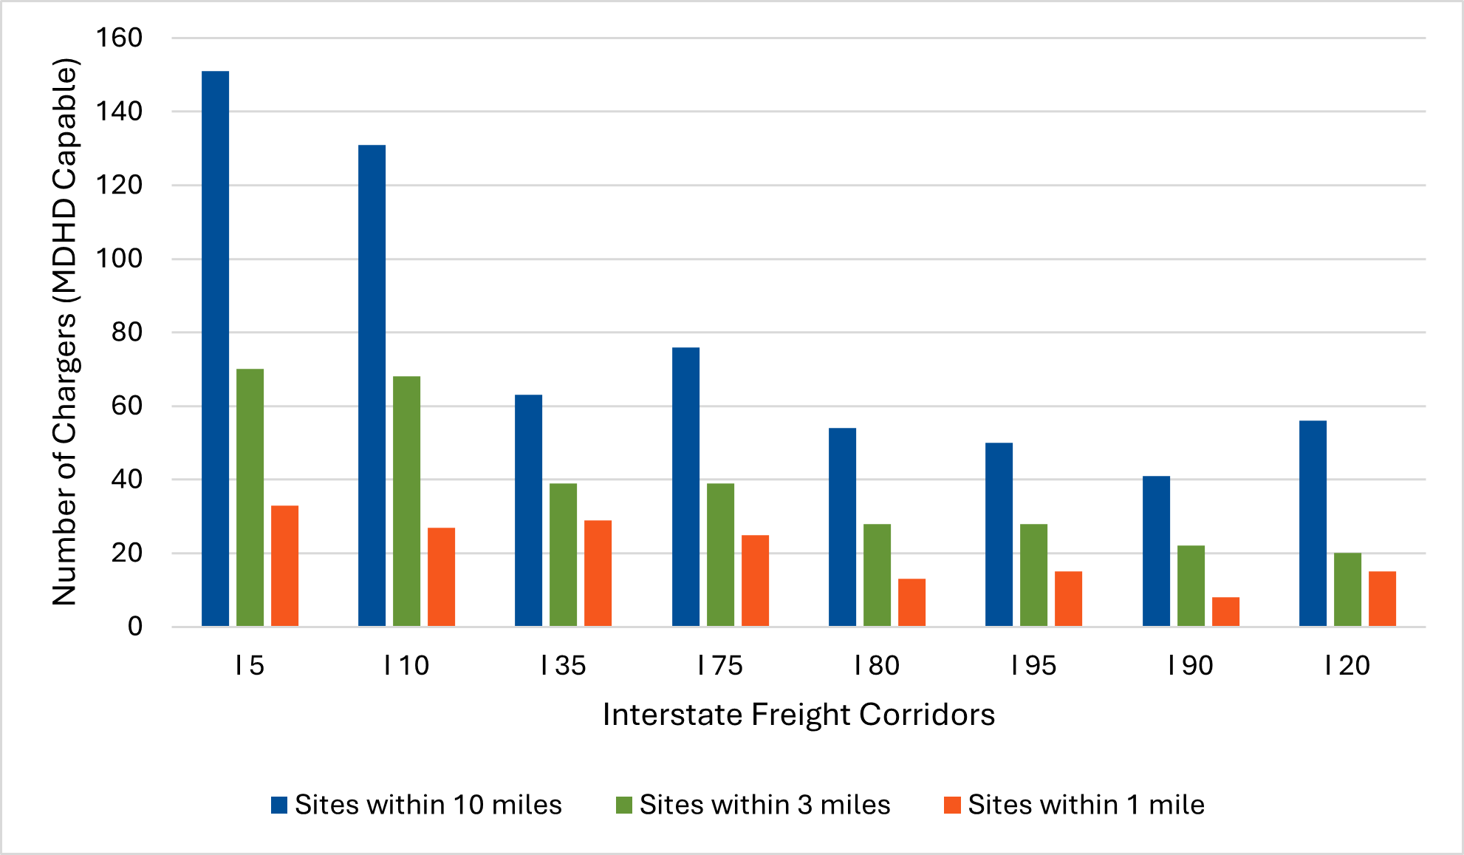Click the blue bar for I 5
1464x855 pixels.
coord(215,349)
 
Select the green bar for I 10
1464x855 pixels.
coord(406,501)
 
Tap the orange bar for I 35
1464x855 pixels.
coord(598,573)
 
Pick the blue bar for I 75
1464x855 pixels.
coord(685,487)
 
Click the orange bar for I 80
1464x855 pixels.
coord(911,602)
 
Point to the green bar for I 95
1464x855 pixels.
coord(1033,575)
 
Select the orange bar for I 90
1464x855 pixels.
coord(1225,612)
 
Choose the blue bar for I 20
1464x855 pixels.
coord(1313,523)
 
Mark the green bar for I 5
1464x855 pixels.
coord(250,497)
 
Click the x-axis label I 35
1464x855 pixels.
coord(563,666)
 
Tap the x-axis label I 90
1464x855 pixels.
coord(1190,666)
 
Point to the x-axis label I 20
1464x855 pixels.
coord(1347,666)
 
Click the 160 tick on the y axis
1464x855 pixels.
coord(119,38)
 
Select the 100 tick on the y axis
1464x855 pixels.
coord(119,259)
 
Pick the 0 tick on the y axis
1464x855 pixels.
coord(134,627)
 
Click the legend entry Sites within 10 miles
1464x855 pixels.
coord(428,805)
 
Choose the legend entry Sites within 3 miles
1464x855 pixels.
coord(765,805)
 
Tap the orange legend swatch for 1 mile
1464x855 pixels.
coord(952,805)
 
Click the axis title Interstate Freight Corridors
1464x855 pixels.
coord(798,715)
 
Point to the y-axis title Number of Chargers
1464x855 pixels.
coord(64,332)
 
